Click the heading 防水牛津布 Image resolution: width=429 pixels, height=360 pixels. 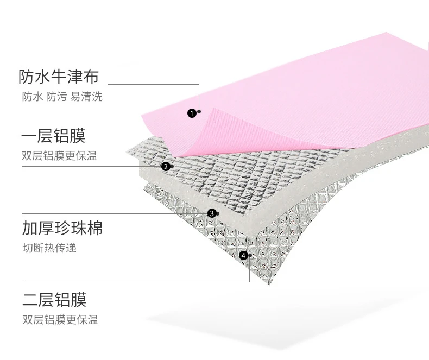(59, 77)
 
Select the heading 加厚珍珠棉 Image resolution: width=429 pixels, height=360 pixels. (62, 228)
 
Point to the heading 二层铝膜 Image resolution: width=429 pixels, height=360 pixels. (54, 299)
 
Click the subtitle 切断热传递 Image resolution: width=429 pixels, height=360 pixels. (49, 249)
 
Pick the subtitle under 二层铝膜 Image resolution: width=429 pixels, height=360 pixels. (60, 320)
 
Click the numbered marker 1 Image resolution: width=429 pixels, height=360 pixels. (191, 113)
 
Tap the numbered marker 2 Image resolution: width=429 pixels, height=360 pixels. (165, 167)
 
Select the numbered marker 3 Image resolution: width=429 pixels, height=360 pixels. (211, 213)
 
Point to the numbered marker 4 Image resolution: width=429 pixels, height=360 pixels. (243, 255)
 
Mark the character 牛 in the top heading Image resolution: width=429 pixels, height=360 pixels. (59, 77)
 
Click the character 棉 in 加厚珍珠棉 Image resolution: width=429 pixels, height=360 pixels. (94, 228)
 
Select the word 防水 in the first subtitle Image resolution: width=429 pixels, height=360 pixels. (31, 97)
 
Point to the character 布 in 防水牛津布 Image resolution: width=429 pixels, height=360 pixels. (91, 77)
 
